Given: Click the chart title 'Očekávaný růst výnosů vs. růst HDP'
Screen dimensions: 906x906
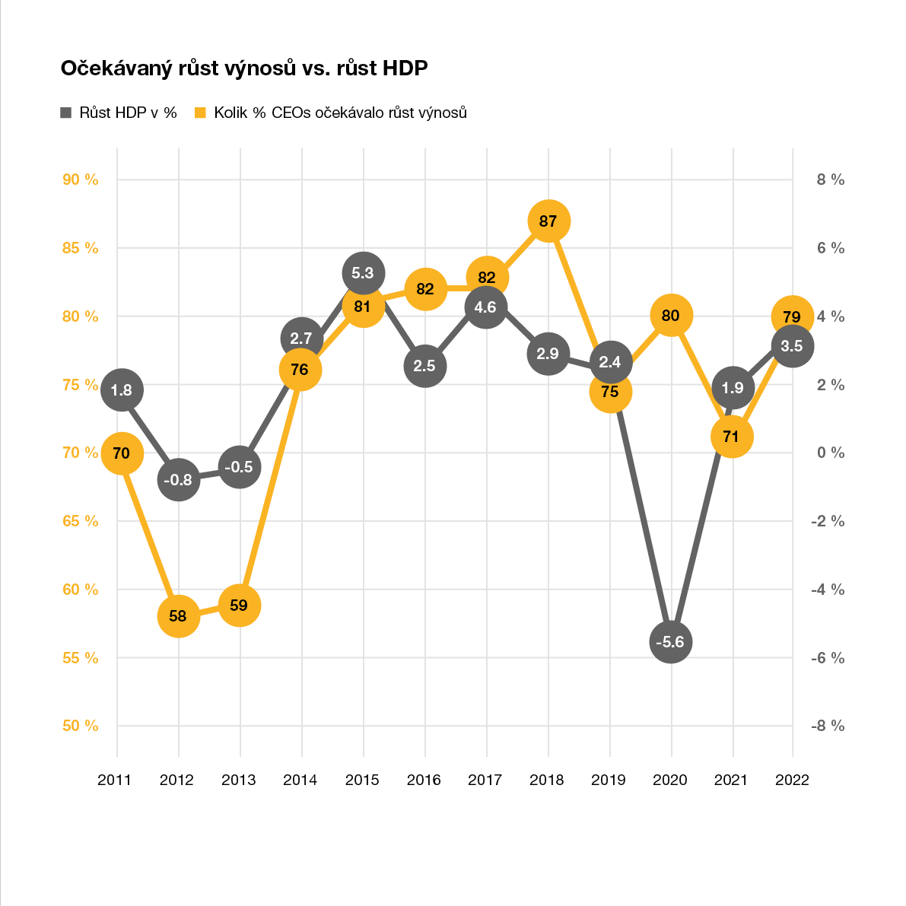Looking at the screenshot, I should point(244,68).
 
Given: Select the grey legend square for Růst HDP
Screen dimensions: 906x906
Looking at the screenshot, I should point(66,113).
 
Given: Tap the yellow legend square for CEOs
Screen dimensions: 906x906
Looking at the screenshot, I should point(201,113).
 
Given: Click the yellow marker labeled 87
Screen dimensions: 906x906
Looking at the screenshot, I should point(548,221).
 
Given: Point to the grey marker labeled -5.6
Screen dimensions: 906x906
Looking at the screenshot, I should point(670,642).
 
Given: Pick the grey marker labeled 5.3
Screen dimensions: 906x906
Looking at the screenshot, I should point(364,272).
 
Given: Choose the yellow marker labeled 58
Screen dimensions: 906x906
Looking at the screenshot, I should point(178,615).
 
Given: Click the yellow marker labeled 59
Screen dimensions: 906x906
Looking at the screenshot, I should point(240,606).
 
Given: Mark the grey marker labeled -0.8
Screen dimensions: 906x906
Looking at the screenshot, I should point(178,480).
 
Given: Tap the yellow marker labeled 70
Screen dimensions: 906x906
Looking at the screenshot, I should point(121,453).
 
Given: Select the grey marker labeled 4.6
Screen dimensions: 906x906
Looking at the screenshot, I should point(485,307).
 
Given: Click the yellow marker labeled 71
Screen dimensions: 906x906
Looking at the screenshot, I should point(732,437).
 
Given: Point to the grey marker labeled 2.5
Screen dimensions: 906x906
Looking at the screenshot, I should point(424,366).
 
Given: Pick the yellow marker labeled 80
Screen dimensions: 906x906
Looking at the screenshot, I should point(670,315).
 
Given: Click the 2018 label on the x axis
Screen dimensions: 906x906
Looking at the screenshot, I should point(547,780).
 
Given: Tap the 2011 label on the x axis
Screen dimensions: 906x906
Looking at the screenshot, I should point(115,780).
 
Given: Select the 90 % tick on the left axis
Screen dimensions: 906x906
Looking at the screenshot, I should point(81,180).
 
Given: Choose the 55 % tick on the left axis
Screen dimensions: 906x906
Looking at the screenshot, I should point(81,658).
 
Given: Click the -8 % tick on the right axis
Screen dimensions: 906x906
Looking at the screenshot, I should point(827,726).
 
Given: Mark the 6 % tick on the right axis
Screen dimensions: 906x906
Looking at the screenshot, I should point(831,248).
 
